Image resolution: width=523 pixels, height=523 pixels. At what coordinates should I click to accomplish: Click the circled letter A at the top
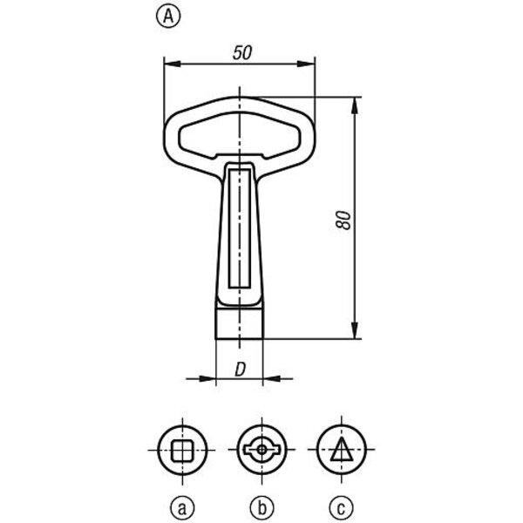[168, 17]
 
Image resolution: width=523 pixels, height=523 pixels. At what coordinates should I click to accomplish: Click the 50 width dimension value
[242, 53]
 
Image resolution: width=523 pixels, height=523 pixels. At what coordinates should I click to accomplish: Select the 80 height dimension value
[343, 221]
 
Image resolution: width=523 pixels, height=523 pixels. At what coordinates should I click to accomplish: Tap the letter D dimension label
[241, 370]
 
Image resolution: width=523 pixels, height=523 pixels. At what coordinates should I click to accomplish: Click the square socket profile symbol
[182, 451]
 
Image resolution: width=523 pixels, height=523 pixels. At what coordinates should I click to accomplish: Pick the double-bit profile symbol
[261, 450]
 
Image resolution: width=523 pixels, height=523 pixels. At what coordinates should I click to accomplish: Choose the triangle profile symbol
[341, 449]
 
